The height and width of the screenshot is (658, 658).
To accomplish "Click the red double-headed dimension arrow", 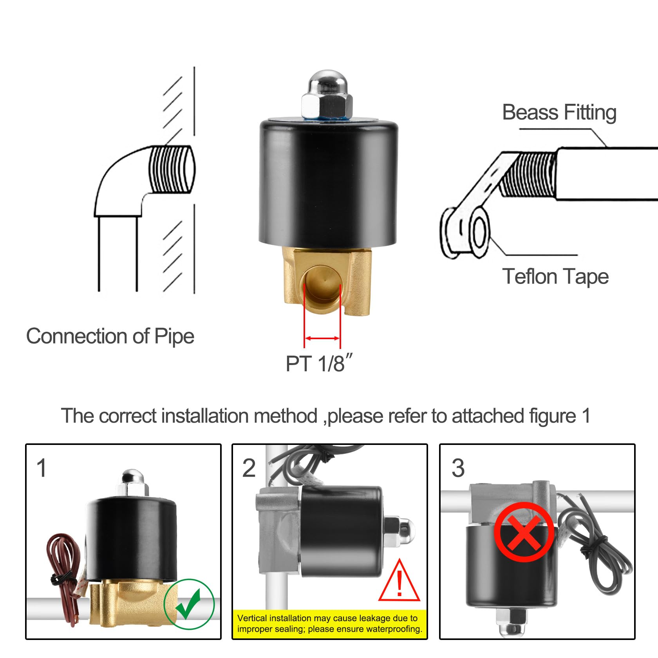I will pos(322,338).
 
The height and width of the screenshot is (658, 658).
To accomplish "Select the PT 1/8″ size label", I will pos(319,363).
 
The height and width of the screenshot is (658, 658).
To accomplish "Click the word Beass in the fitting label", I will pos(530,113).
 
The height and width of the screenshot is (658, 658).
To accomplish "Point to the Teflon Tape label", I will pos(555,277).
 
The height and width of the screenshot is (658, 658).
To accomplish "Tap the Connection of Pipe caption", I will pos(110,336).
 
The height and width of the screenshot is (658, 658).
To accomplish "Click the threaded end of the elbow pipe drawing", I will pos(172,169).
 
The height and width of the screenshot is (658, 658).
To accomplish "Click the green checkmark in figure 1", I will pos(189,604).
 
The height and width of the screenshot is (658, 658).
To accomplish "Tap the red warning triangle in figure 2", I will pos(399,581).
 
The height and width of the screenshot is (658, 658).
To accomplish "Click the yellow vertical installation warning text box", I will pos(329,623).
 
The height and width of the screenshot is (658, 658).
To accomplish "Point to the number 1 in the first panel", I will pos(42,468).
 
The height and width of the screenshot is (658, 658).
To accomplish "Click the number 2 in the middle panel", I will pos(249,468).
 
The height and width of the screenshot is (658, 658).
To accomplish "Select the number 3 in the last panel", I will pos(458,468).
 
